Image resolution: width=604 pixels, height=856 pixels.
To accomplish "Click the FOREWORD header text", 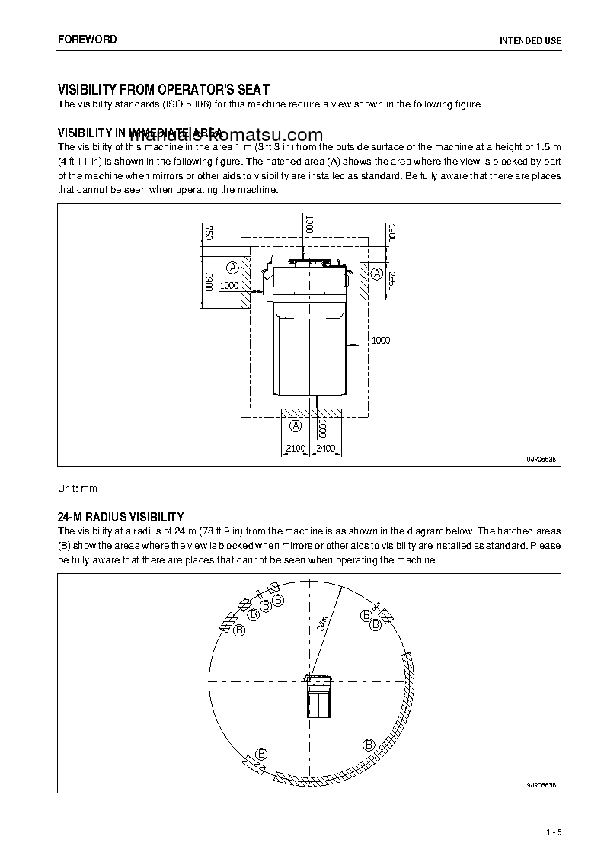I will (x=87, y=40).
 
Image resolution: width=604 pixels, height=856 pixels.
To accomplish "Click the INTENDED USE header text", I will (x=530, y=40).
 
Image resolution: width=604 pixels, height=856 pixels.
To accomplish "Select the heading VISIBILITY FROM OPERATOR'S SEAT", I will (x=164, y=90).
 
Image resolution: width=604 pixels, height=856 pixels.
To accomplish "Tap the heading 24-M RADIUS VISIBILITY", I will (x=120, y=517).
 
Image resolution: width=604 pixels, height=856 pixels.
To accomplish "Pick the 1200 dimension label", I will (x=391, y=232).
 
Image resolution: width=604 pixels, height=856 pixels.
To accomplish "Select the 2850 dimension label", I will (x=391, y=281).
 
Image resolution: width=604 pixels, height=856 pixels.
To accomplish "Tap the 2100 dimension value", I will (x=295, y=449).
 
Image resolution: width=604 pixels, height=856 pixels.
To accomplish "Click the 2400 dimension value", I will (x=325, y=449).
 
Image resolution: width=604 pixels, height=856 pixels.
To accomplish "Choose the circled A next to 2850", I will (x=376, y=271).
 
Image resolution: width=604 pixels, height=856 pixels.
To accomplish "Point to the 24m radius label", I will (x=323, y=624).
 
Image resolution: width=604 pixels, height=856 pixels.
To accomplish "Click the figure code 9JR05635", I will (x=541, y=459).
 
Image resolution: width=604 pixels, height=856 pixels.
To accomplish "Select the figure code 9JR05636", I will (x=541, y=785).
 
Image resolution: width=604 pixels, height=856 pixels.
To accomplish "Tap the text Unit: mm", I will (x=78, y=487).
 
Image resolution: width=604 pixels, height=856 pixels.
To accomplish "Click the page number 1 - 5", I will (x=554, y=831).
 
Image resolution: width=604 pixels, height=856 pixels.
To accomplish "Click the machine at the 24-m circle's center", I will (x=318, y=694).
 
